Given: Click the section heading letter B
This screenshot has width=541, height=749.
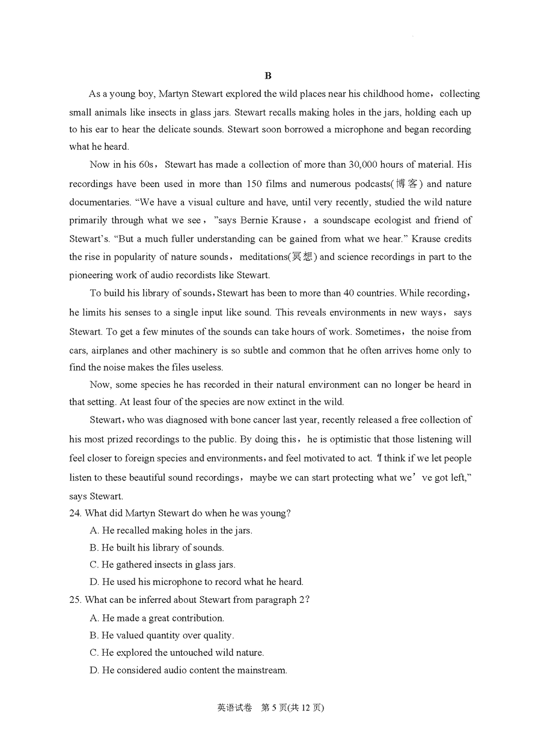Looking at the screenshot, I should pos(268,76).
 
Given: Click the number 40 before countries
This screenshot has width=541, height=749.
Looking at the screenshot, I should pos(348,293).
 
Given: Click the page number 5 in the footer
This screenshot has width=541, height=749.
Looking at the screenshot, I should pos(274,708).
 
